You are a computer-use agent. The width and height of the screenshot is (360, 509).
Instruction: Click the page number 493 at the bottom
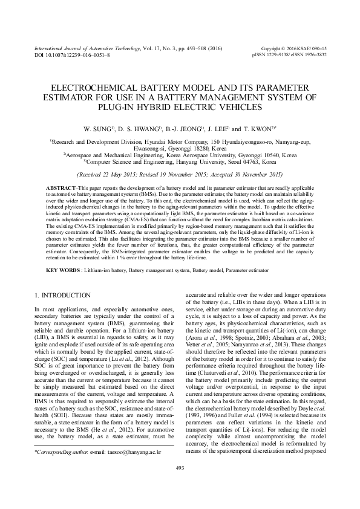[x=179, y=485]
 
